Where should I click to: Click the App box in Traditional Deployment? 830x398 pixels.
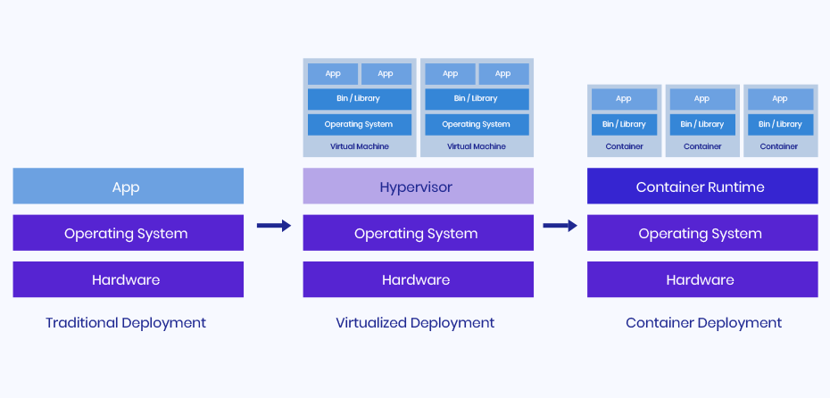(x=128, y=187)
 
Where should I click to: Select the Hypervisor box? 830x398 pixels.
(x=418, y=187)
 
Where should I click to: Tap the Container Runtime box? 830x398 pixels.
(x=701, y=187)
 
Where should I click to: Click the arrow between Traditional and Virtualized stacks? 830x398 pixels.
(x=273, y=226)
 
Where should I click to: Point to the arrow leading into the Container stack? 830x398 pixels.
(x=560, y=226)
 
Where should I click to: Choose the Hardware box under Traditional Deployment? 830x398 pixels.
(x=128, y=279)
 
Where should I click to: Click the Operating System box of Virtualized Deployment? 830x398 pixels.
(x=418, y=234)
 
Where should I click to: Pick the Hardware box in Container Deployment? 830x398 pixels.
(x=701, y=279)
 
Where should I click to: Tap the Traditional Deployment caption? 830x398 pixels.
(x=126, y=323)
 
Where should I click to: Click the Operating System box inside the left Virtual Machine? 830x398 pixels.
(x=360, y=124)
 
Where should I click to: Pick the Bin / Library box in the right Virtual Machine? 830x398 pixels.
(x=476, y=98)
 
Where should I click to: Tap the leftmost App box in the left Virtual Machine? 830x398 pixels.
(x=333, y=74)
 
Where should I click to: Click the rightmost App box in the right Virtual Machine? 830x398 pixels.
(x=503, y=74)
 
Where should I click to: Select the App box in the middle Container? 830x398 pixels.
(x=702, y=98)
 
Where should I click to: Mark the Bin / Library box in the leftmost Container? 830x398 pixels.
(x=624, y=124)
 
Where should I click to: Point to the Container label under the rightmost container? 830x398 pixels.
(x=779, y=146)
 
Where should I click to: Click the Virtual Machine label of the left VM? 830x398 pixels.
(x=360, y=146)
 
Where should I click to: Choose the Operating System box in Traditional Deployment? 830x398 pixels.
(x=128, y=234)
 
